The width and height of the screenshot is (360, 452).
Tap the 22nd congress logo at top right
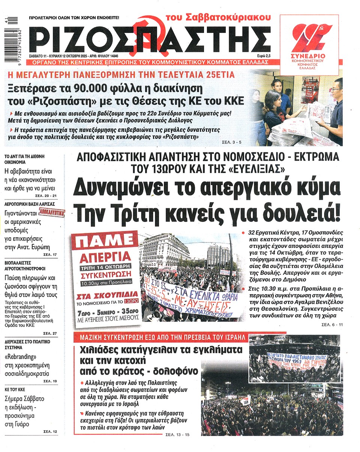309,43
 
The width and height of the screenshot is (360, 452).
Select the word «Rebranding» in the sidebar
21,356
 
